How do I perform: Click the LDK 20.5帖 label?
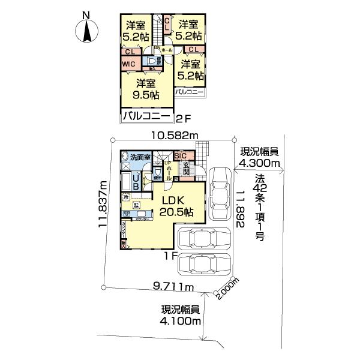coord(175,205)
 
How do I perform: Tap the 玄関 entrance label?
coord(186,170)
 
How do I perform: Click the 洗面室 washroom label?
coord(139,157)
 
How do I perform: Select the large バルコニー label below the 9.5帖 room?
coord(146,116)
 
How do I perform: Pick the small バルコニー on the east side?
coord(190,93)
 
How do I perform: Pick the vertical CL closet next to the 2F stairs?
coord(168,26)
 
